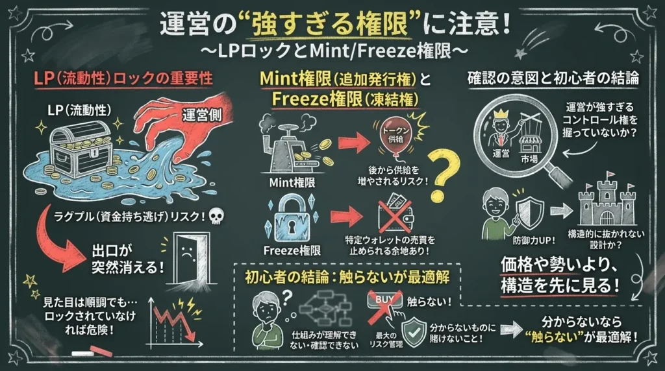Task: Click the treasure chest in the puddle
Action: (81, 150)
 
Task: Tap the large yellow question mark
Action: (443, 174)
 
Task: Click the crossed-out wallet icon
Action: (395, 214)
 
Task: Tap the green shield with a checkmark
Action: (414, 333)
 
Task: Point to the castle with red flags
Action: (607, 202)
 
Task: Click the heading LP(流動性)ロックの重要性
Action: (123, 78)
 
